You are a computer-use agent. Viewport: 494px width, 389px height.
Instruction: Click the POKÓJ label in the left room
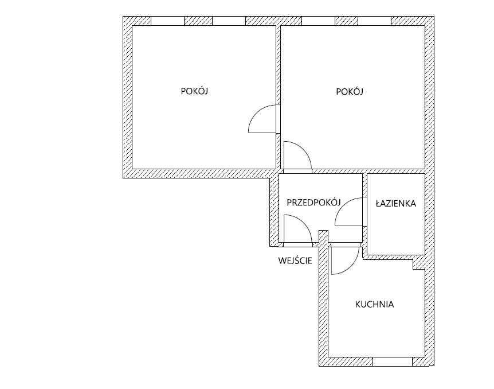[x=194, y=91]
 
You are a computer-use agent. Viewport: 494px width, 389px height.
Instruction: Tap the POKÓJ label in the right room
[x=350, y=91]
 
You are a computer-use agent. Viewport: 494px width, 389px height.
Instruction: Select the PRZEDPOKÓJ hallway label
[x=314, y=202]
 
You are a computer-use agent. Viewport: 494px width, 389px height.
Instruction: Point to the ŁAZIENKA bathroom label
[x=395, y=204]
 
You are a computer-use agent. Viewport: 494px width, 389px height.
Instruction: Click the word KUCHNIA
[x=375, y=305]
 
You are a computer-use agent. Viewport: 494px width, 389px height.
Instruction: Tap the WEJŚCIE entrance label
[x=295, y=260]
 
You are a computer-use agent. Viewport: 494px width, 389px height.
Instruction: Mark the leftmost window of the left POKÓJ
[x=167, y=21]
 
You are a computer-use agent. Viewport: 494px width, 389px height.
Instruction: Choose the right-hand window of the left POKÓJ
[x=229, y=21]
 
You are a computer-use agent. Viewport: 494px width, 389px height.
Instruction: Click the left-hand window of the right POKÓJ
[x=319, y=21]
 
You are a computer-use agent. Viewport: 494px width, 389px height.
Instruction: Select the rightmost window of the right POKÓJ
[x=375, y=21]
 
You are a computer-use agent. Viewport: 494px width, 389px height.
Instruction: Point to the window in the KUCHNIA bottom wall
[x=393, y=362]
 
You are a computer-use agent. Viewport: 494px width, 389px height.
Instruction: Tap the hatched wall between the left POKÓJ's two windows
[x=198, y=21]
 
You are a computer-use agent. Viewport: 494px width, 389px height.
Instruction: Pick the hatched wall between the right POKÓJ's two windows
[x=347, y=21]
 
